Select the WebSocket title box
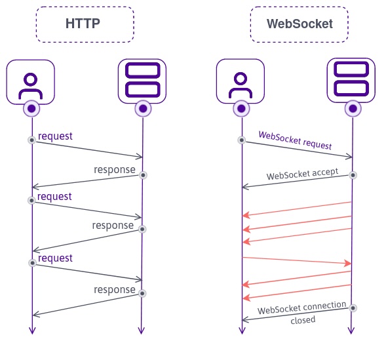299,25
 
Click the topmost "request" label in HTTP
55,136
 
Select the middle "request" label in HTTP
55,196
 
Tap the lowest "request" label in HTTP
55,258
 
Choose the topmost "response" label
114,170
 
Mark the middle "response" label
113,226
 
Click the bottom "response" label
114,289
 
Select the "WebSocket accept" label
302,174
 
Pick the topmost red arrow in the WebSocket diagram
297,209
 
